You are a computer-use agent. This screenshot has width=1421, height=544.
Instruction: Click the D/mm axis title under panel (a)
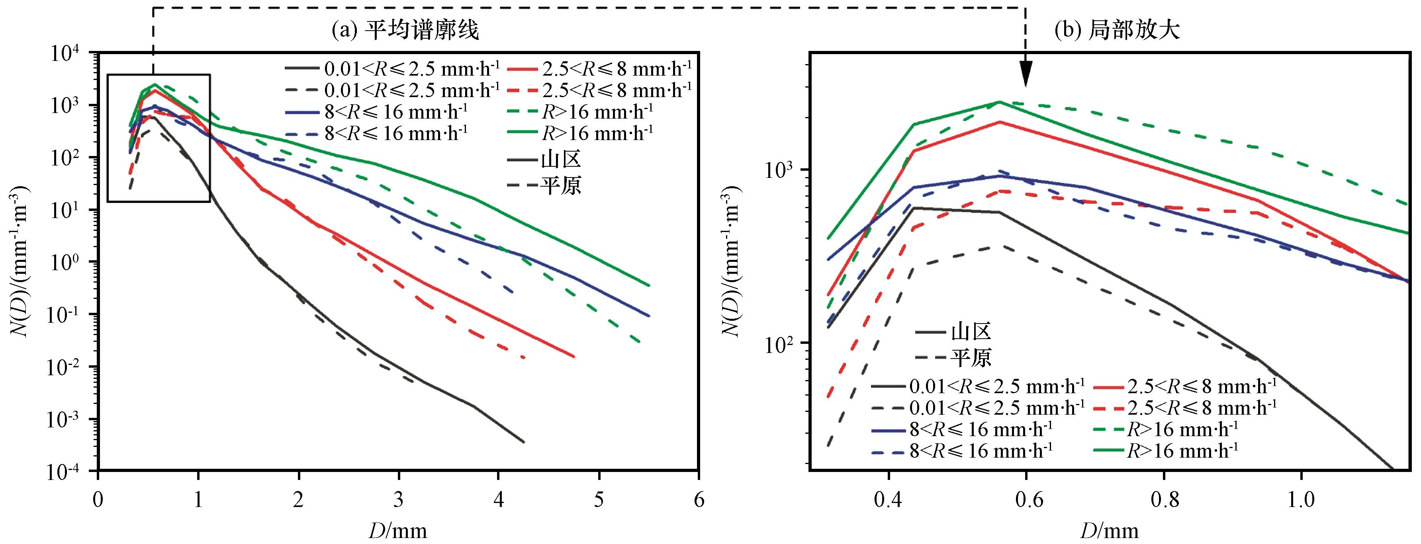tap(398, 530)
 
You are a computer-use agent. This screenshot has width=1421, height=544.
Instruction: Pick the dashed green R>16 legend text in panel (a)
tap(597, 111)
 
